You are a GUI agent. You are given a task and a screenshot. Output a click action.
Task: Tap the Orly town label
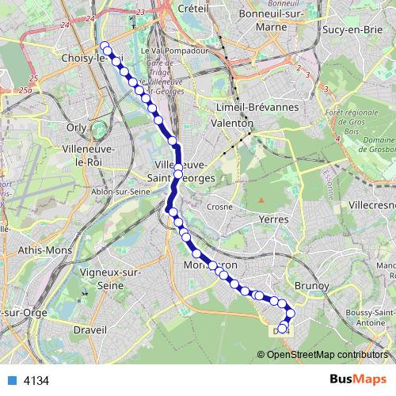coord(77,127)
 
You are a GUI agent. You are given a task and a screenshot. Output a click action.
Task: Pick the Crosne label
coord(219,206)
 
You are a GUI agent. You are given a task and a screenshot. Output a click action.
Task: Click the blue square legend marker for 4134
coord(12,380)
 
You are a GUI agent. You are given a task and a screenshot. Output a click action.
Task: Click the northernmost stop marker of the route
coord(104,46)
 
